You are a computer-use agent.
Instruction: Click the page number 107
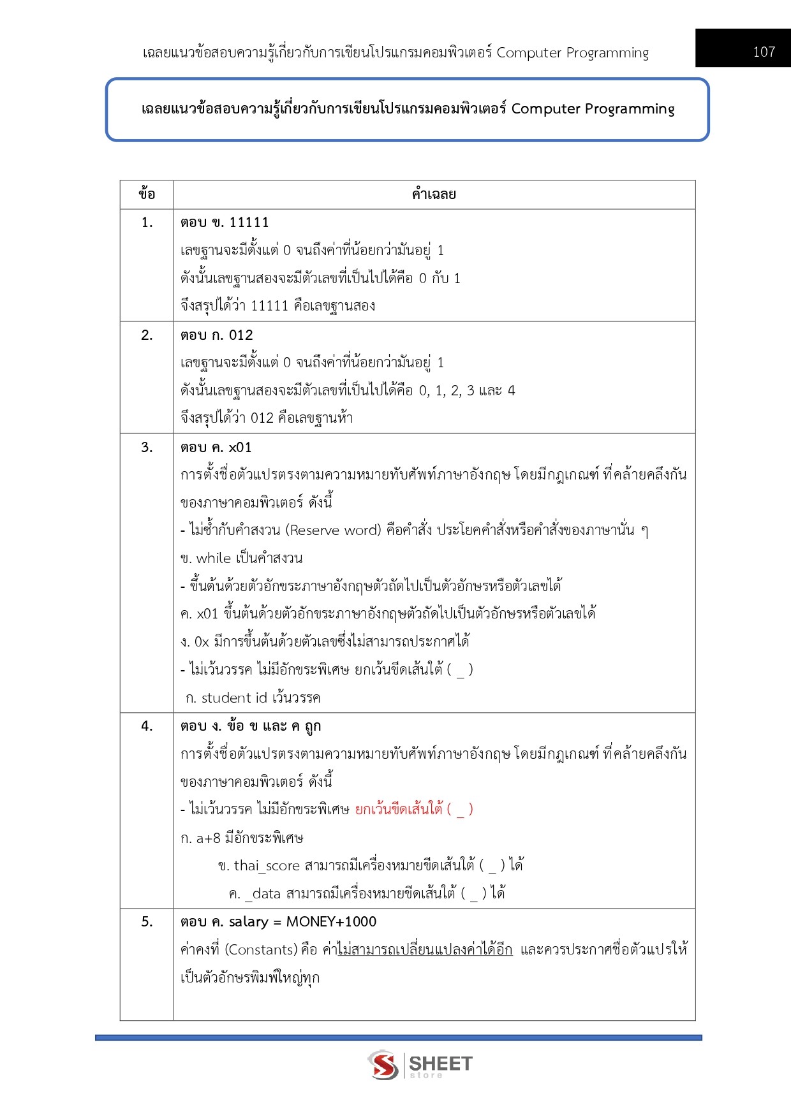pos(764,52)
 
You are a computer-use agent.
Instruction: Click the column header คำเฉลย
pos(434,194)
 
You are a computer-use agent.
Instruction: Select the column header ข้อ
pos(147,194)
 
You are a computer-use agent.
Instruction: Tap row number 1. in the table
pos(147,223)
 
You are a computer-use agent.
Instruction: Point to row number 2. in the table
pos(147,335)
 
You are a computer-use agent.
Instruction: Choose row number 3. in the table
pos(147,448)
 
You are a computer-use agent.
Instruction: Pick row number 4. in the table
pos(147,726)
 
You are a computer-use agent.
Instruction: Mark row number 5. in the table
pos(147,922)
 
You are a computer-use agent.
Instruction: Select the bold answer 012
pos(241,335)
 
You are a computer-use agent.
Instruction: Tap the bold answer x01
pos(240,448)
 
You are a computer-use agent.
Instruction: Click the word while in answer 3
pos(214,559)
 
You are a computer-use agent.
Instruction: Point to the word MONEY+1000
pos(331,922)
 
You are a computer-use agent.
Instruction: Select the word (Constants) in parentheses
pos(262,950)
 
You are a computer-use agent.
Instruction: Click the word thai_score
pos(267,866)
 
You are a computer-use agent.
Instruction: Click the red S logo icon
pos(383,1065)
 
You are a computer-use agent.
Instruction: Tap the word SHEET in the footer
pos(440,1063)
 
